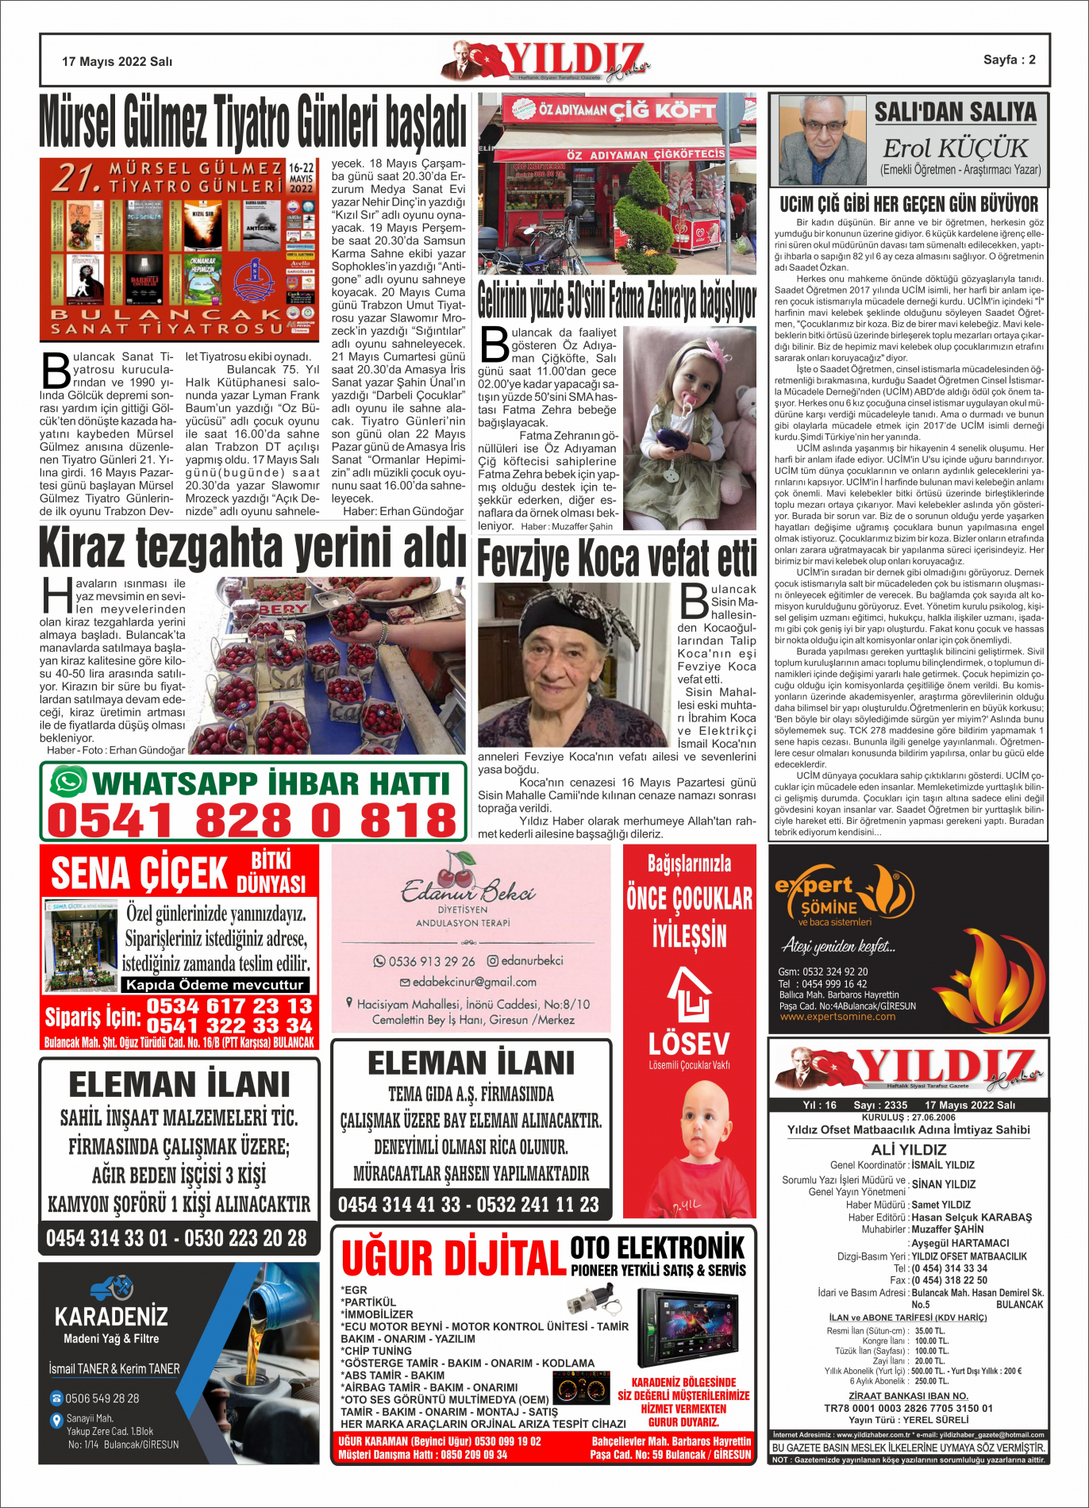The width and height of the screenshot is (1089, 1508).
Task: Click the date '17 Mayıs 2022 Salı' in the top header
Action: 117,61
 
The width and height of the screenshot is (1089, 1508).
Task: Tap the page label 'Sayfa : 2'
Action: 1009,60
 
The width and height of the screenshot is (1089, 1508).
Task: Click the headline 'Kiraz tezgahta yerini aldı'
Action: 252,548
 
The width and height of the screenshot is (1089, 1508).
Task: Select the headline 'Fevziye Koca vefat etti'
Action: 617,559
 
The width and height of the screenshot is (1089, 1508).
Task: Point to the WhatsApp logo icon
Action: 68,782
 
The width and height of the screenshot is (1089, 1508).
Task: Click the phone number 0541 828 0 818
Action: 252,820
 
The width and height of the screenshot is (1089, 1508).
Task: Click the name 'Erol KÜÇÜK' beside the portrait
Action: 955,148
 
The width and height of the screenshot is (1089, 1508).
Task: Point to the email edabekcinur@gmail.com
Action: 474,982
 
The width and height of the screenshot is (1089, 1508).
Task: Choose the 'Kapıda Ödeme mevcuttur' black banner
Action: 214,985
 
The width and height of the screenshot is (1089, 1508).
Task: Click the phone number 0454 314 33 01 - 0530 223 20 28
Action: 176,1238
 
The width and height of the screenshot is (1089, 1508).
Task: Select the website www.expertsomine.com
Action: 837,1017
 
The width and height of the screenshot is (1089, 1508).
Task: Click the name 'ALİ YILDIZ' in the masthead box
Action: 909,1149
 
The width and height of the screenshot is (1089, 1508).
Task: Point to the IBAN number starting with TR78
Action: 908,1408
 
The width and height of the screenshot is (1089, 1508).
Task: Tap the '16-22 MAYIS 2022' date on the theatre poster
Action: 301,179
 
